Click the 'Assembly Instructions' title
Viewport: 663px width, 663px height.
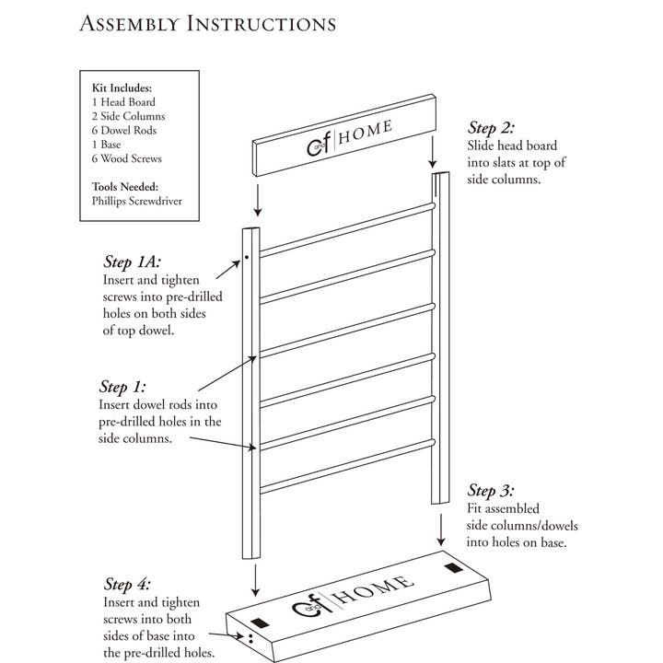click(207, 21)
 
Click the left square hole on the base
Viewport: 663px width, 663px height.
click(260, 621)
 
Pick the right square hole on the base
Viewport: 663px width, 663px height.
click(451, 569)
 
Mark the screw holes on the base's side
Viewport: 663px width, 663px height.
click(250, 636)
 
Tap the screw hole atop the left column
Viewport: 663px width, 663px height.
click(248, 259)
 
